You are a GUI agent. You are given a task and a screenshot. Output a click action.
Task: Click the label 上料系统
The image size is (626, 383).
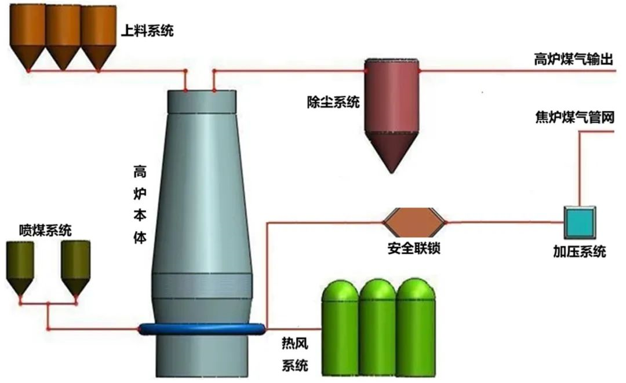(x=147, y=30)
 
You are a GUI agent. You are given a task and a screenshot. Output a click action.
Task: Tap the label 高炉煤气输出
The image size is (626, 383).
(x=573, y=60)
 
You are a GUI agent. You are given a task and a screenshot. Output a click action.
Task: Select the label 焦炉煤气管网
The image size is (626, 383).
(x=574, y=118)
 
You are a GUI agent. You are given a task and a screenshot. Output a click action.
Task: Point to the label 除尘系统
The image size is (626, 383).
(x=333, y=103)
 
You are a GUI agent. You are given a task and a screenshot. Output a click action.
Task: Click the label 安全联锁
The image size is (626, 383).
(x=414, y=249)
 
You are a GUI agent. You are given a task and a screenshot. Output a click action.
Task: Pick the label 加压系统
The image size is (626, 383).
(x=579, y=251)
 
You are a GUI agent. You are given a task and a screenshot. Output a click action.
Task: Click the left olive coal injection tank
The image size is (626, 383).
(x=20, y=267)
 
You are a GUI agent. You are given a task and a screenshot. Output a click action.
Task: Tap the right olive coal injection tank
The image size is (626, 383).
(x=76, y=267)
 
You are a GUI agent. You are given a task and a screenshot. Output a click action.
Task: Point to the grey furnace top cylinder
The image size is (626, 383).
(x=201, y=101)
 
